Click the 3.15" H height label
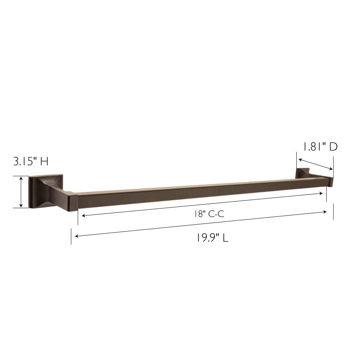31,161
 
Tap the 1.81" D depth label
319,147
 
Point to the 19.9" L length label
212,238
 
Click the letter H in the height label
44,161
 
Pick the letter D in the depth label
333,147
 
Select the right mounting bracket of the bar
302,173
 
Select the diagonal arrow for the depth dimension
315,164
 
